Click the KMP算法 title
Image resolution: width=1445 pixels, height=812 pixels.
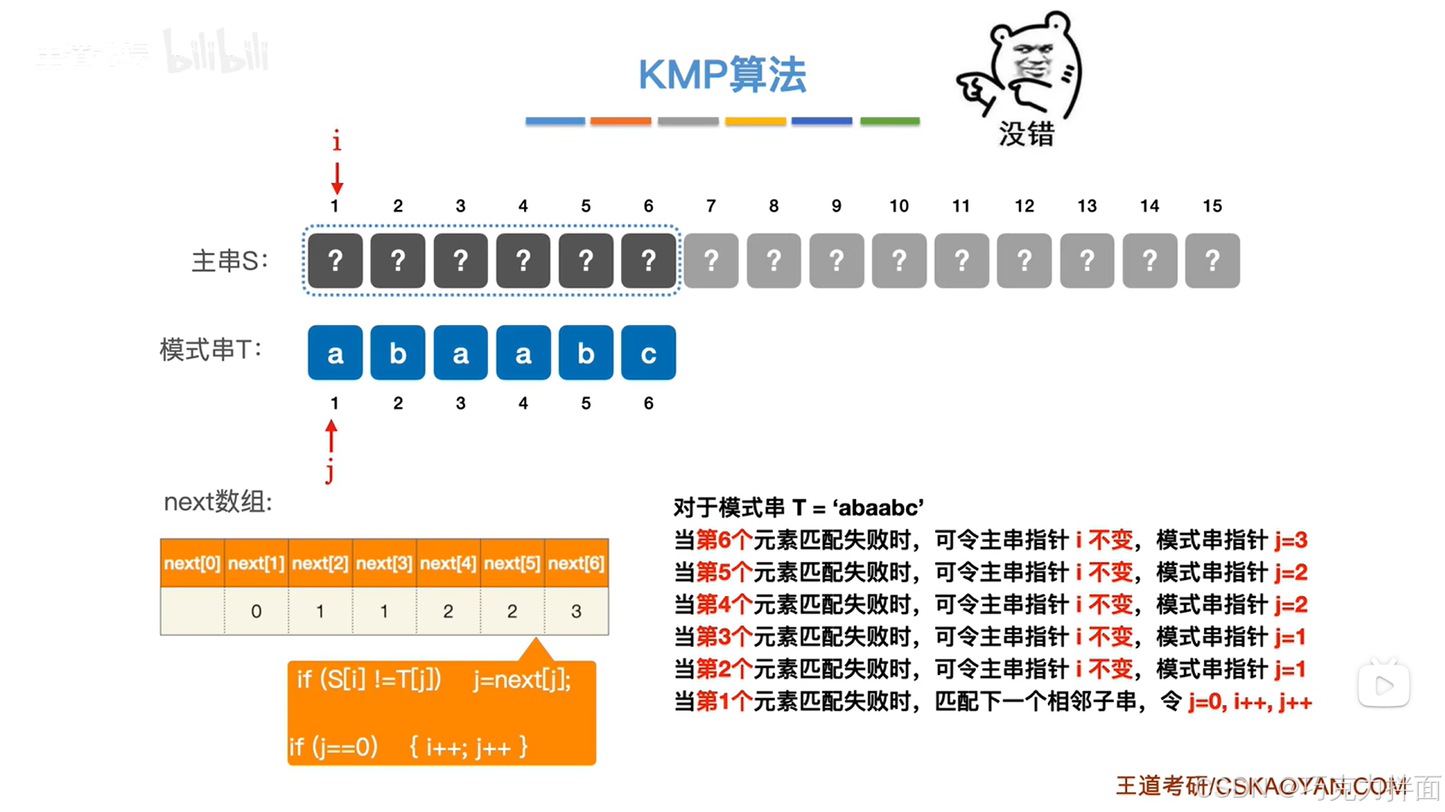pyautogui.click(x=721, y=75)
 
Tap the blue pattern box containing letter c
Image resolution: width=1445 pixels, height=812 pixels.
pyautogui.click(x=648, y=352)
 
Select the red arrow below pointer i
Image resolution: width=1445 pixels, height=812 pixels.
pyautogui.click(x=337, y=178)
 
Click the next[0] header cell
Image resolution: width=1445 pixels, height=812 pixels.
pyautogui.click(x=192, y=563)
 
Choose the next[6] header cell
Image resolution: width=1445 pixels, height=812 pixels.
pyautogui.click(x=576, y=563)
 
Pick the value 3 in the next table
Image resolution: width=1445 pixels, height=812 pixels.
pyautogui.click(x=576, y=611)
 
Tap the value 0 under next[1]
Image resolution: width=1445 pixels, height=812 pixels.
pyautogui.click(x=256, y=611)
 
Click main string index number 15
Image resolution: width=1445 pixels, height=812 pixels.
pyautogui.click(x=1212, y=206)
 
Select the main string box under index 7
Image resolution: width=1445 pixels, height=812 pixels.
pyautogui.click(x=710, y=260)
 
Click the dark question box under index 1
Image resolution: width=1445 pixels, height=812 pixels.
pyautogui.click(x=335, y=260)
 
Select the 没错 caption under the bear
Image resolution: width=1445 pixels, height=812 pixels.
pyautogui.click(x=1026, y=134)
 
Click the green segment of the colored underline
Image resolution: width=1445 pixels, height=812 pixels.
pyautogui.click(x=889, y=120)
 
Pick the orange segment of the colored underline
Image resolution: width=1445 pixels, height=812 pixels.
pyautogui.click(x=620, y=120)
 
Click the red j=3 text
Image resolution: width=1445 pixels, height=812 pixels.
pyautogui.click(x=1291, y=540)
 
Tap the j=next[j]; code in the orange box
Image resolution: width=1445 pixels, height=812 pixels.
pyautogui.click(x=522, y=680)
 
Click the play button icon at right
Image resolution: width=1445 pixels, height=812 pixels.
pyautogui.click(x=1383, y=685)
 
